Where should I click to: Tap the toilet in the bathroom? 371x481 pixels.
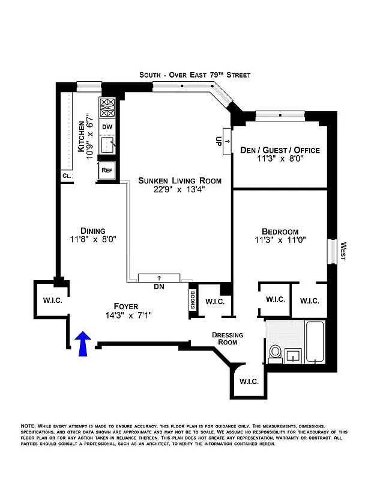(276, 353)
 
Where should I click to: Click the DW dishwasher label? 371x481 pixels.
(107, 127)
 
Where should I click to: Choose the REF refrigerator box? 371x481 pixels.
(107, 170)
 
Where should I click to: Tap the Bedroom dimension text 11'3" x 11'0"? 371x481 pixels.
(280, 243)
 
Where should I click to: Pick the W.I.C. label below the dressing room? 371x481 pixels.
(249, 381)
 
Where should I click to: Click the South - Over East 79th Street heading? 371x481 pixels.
(195, 75)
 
